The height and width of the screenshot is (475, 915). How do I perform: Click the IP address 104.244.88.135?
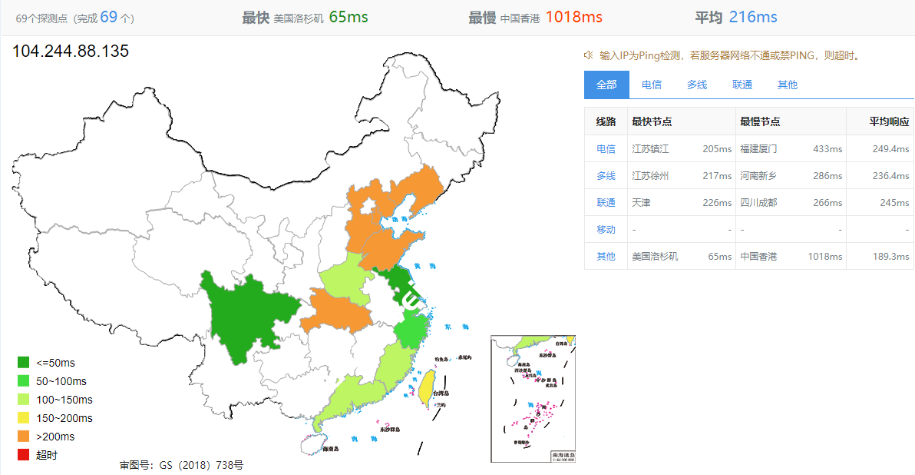click(71, 51)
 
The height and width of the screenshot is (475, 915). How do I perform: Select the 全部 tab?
click(606, 85)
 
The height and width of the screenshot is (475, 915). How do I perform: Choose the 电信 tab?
click(652, 85)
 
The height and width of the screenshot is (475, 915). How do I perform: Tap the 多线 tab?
click(697, 85)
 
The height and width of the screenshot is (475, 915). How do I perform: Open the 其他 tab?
click(788, 85)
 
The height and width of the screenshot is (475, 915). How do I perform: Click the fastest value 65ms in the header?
click(348, 17)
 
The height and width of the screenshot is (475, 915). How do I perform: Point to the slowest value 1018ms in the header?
click(573, 17)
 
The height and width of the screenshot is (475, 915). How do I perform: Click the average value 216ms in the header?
click(753, 17)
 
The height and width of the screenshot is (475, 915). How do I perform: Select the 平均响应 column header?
click(889, 121)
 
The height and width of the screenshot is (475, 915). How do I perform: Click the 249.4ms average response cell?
click(890, 148)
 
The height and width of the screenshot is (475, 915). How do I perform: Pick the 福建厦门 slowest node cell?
click(758, 148)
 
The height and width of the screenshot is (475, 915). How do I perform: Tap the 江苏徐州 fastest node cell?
click(650, 175)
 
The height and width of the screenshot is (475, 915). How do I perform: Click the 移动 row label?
click(606, 229)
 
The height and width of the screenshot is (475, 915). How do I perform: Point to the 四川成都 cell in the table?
click(758, 202)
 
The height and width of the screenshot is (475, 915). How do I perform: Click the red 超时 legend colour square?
click(23, 455)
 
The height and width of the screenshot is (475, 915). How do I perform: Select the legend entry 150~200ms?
click(64, 418)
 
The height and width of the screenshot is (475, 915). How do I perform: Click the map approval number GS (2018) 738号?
click(182, 465)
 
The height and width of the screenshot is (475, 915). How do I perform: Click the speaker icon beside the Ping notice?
click(589, 55)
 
